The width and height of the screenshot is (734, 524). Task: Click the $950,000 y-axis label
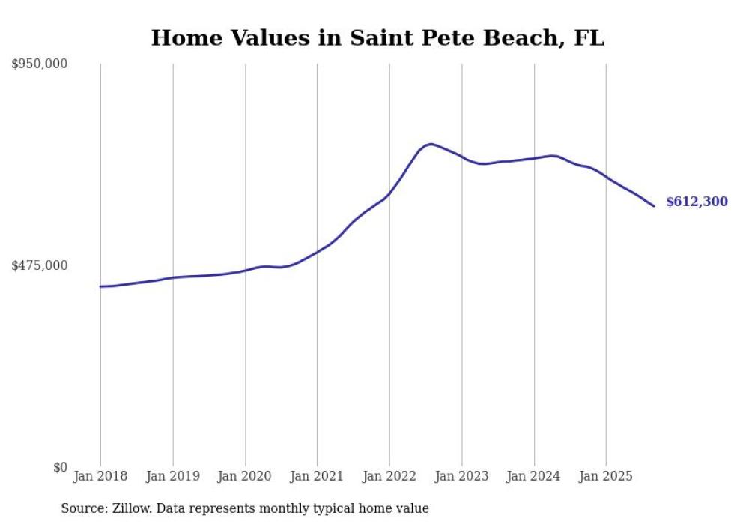(40, 64)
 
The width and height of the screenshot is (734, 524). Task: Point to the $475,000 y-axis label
(40, 265)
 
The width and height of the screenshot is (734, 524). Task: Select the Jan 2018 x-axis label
(100, 476)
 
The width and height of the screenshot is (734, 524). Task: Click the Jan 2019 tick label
(173, 476)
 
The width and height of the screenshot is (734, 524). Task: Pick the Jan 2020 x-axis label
(245, 476)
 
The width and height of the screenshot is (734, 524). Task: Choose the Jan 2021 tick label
(317, 476)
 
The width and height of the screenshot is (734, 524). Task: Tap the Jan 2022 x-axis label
(389, 476)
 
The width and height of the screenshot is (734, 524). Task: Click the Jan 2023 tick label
(461, 476)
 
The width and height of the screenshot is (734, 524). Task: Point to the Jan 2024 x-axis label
(534, 476)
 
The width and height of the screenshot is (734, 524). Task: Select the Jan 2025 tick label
(606, 476)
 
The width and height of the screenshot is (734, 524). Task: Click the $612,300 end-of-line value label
(697, 202)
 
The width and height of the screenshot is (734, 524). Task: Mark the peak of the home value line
(431, 144)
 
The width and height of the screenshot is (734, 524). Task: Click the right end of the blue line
(654, 206)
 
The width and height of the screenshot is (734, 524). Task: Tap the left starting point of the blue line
(100, 286)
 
